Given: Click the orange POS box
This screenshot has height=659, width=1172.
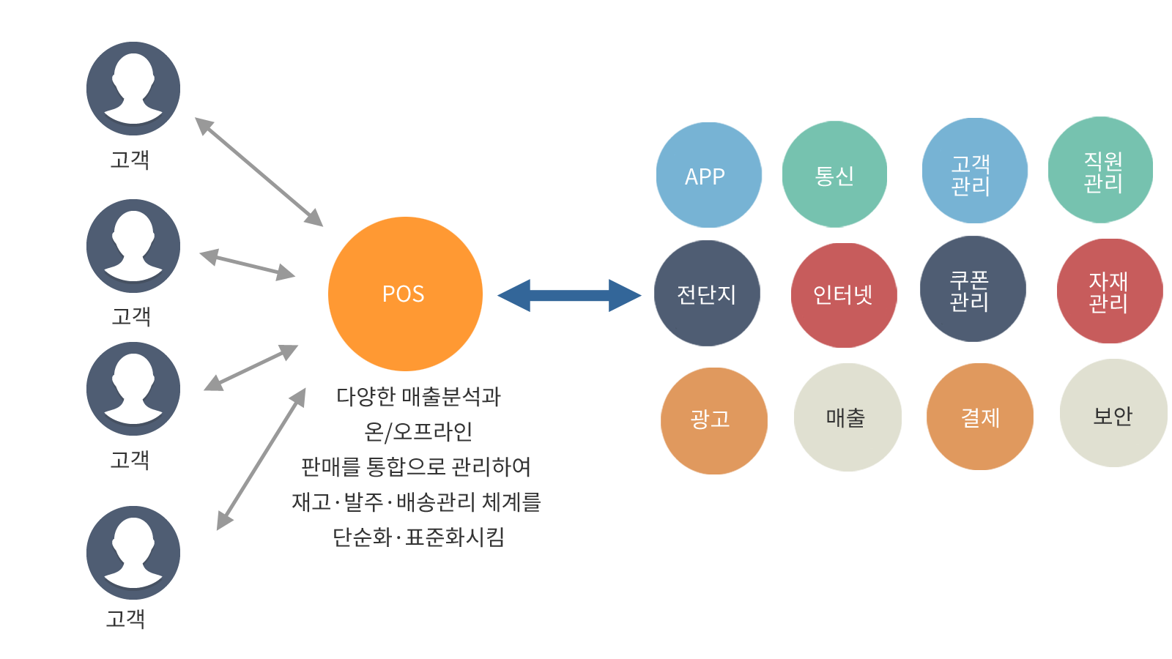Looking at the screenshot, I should click(x=404, y=294).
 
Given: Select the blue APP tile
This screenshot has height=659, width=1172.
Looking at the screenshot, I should click(x=708, y=175).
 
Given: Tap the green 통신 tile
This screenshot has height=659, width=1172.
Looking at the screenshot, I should click(x=835, y=174).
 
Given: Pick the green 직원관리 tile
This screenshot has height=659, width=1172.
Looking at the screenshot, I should click(x=1101, y=170).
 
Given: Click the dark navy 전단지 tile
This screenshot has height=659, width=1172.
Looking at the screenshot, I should click(x=707, y=294).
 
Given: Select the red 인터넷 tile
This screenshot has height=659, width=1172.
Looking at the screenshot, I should click(x=845, y=295).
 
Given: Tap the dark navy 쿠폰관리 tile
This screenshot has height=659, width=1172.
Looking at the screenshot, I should click(x=972, y=290).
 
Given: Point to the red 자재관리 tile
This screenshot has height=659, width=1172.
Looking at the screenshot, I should click(x=1110, y=291).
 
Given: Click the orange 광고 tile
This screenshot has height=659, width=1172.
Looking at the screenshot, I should click(x=713, y=420).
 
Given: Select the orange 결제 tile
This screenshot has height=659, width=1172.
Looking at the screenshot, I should click(x=979, y=417).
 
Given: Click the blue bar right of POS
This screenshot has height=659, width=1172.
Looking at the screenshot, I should click(x=569, y=296).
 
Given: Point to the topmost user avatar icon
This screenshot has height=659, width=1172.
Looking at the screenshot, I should click(x=133, y=89).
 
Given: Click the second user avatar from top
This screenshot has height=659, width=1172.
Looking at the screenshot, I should click(x=133, y=246).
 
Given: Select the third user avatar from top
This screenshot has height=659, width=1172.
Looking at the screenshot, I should click(x=133, y=389).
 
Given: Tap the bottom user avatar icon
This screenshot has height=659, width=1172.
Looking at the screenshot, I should click(x=133, y=553).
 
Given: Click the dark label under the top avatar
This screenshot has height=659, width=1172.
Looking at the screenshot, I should click(x=129, y=160).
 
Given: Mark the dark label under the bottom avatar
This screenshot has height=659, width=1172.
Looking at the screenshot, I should click(x=125, y=619).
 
